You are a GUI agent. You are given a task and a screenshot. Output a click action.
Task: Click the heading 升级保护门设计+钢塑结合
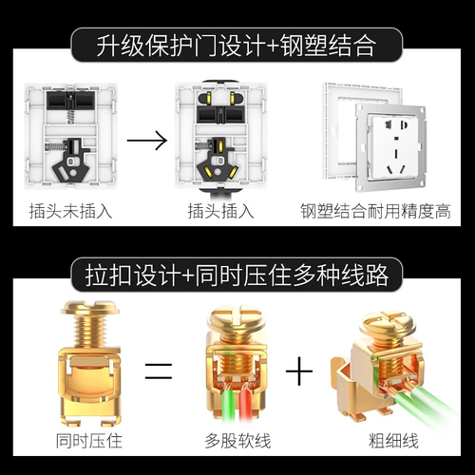pyautogui.click(x=237, y=44)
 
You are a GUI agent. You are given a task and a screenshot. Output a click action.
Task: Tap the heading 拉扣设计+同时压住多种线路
pyautogui.click(x=237, y=275)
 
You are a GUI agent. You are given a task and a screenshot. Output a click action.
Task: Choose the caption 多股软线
pyautogui.click(x=235, y=441)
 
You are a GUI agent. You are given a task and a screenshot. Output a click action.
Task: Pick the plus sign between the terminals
pyautogui.click(x=301, y=370)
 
